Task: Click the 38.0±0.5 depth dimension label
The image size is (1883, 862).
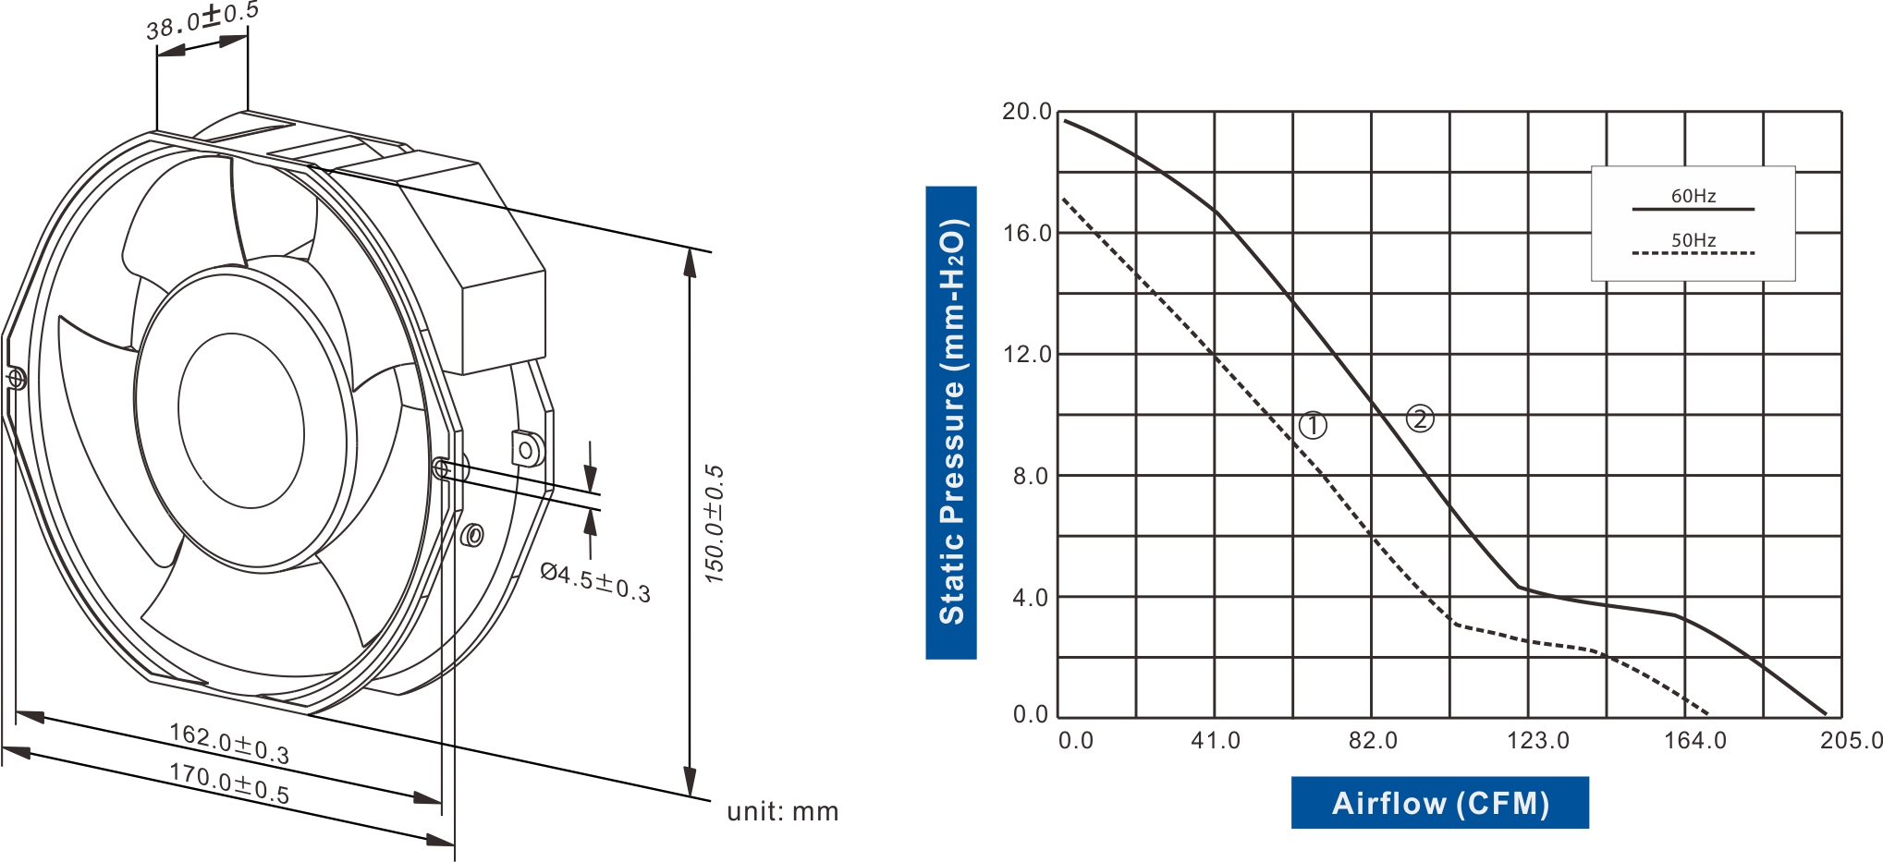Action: pos(202,20)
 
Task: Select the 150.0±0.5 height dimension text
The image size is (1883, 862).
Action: pos(714,524)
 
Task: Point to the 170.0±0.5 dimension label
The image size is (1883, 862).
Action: pos(229,783)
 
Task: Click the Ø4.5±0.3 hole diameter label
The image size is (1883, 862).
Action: pos(595,582)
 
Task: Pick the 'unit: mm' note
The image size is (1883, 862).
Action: pos(782,811)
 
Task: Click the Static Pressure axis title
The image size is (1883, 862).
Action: pos(951,422)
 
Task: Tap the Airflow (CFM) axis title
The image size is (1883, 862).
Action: pos(1439,803)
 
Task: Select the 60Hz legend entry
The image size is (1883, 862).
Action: pos(1693,196)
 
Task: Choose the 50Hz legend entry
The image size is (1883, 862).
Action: pos(1693,240)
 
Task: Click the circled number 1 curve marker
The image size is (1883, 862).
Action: pos(1313,425)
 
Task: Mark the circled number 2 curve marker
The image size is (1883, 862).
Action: pos(1420,419)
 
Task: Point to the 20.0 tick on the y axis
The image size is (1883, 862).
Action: pos(1027,112)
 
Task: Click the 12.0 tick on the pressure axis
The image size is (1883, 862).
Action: pos(1027,354)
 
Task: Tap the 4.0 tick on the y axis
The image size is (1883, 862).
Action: pos(1030,597)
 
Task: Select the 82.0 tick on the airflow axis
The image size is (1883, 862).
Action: pos(1373,740)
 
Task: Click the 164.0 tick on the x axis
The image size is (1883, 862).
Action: pos(1694,740)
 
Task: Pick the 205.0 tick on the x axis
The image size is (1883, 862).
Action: pos(1851,740)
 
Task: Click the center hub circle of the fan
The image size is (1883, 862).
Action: pos(240,420)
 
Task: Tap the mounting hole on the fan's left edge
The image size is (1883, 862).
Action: pos(16,378)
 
